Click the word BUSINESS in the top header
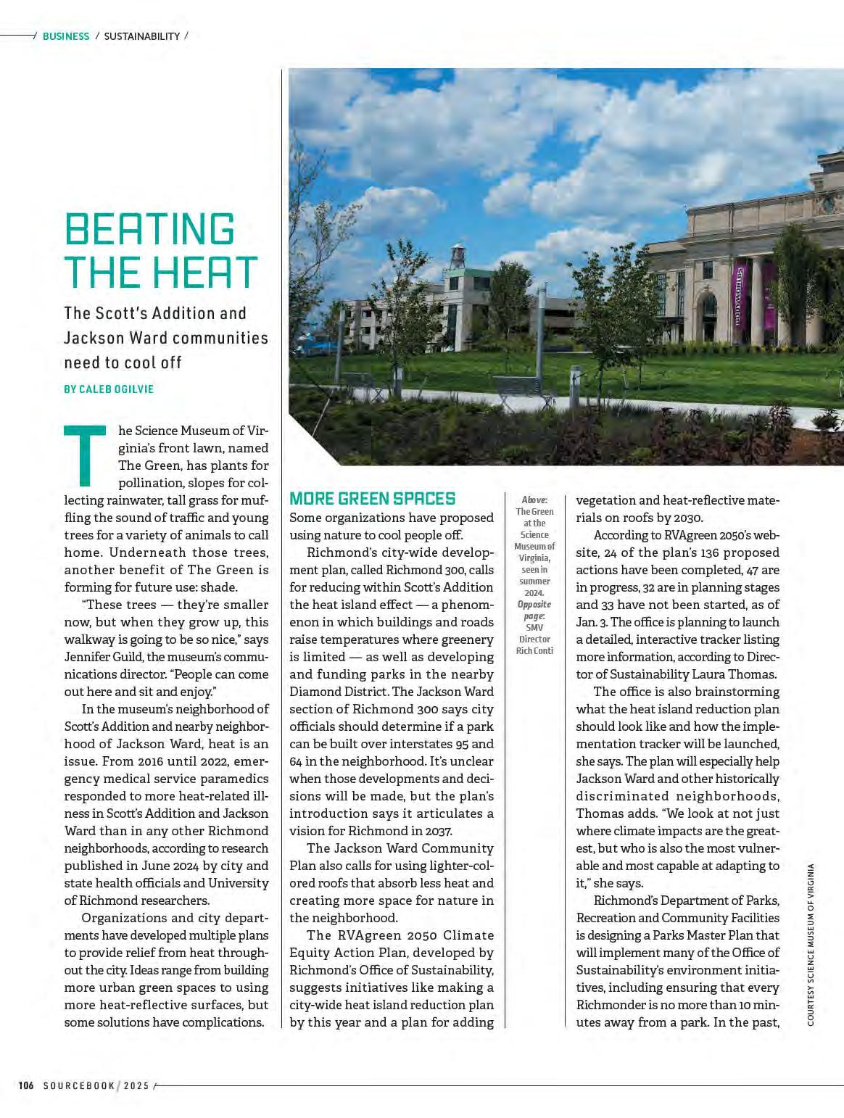click(x=66, y=36)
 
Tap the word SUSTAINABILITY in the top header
click(x=142, y=36)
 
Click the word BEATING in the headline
click(x=149, y=229)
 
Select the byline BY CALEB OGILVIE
click(x=109, y=389)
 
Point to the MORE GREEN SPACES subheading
click(x=372, y=499)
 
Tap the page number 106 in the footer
click(x=26, y=1085)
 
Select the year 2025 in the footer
click(x=136, y=1085)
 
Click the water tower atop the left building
click(x=457, y=257)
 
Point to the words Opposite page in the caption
click(x=534, y=610)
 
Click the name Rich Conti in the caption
click(x=534, y=650)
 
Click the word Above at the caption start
click(x=534, y=500)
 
